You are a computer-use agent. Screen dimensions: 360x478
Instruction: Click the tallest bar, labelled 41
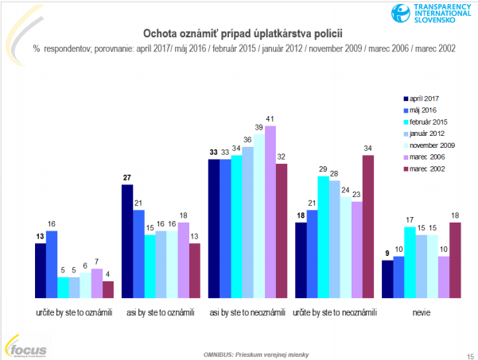[x=270, y=211]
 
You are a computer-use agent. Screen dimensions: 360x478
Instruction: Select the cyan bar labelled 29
[x=322, y=234]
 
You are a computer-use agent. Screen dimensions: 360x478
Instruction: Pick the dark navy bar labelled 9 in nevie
[x=387, y=277]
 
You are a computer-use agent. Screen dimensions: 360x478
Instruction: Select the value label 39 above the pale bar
[x=258, y=126]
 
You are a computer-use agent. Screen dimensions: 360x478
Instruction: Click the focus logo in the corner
[x=25, y=346]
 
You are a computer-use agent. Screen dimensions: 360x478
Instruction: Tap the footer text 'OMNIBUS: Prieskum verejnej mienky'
[x=239, y=352]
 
